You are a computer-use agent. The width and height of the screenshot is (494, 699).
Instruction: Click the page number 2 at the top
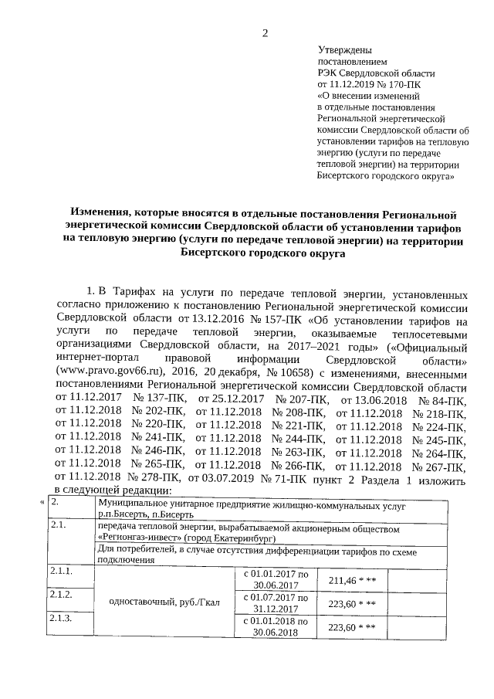(x=265, y=32)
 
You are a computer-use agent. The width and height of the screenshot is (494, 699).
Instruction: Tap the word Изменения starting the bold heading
(x=100, y=212)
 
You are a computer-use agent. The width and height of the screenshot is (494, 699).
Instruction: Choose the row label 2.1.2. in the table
(x=61, y=595)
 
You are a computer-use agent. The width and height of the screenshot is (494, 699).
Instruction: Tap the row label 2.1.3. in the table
(x=61, y=619)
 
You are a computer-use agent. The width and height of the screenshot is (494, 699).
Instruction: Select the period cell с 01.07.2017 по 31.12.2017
(x=276, y=603)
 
